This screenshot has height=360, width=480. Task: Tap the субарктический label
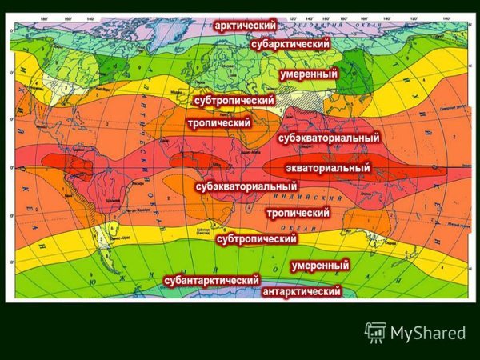coord(290,45)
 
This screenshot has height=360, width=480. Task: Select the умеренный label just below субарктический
coord(309,74)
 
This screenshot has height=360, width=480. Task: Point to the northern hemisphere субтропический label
coord(234,102)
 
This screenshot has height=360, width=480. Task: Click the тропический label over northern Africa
coord(219,123)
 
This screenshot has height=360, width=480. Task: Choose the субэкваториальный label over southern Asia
coord(329,138)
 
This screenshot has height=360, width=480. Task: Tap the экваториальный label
coord(328,168)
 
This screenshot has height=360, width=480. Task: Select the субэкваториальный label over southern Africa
coord(247,186)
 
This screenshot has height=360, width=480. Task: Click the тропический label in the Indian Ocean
coord(298,214)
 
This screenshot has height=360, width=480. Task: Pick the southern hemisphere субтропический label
coord(257,238)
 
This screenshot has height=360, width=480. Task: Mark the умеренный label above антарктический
coord(320,265)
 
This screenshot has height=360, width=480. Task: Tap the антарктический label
coord(302,292)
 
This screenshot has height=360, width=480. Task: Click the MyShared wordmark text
coord(428,333)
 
